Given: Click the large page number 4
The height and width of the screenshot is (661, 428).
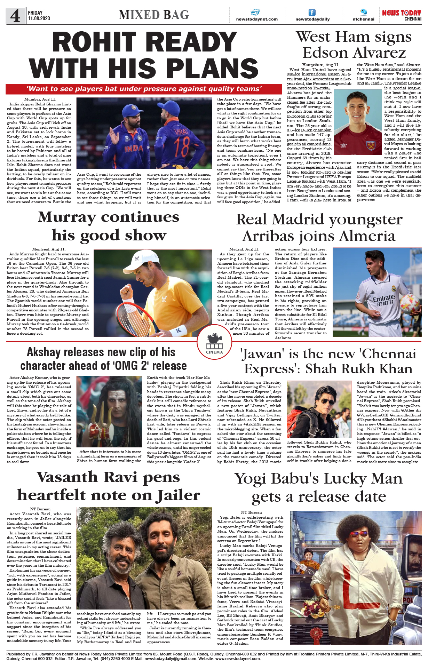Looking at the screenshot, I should tap(15, 16).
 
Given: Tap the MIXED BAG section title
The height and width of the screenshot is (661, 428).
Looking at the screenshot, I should tap(154, 15).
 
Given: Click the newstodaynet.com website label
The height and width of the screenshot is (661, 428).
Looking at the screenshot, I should tap(257, 19).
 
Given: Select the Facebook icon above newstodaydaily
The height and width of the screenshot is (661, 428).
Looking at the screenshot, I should tap(312, 13).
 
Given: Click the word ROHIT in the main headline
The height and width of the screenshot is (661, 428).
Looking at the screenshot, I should tap(93, 42).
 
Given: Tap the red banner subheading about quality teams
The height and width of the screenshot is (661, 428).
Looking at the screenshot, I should tap(144, 89).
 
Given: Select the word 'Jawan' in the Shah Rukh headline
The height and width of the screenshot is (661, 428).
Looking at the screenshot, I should tap(261, 354).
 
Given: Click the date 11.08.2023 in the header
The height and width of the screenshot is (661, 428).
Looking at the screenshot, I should tap(39, 18).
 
